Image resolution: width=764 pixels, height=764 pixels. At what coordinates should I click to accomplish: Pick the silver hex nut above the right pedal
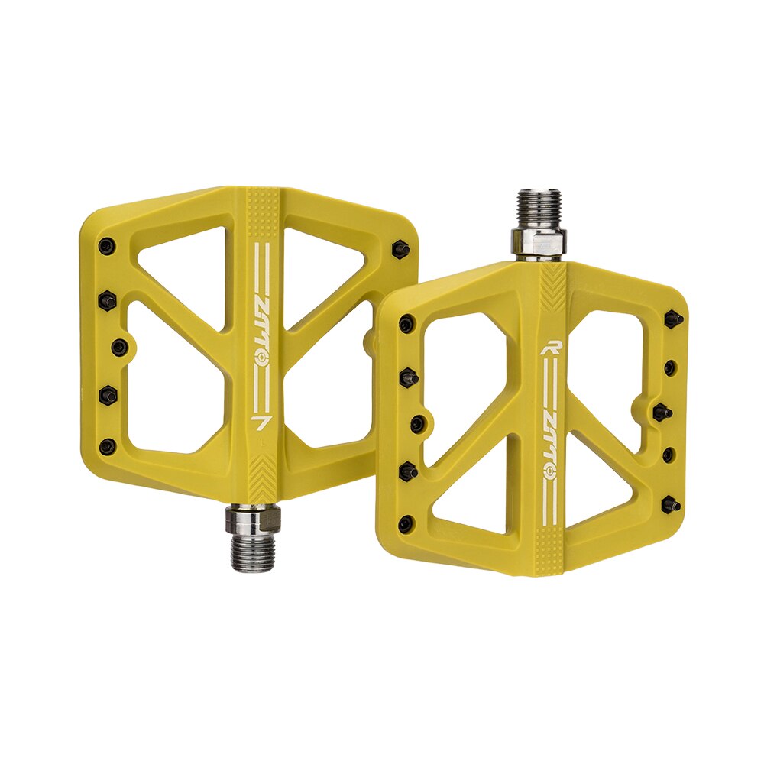pos(539,242)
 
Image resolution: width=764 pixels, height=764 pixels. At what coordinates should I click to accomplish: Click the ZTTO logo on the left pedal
pos(262,335)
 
